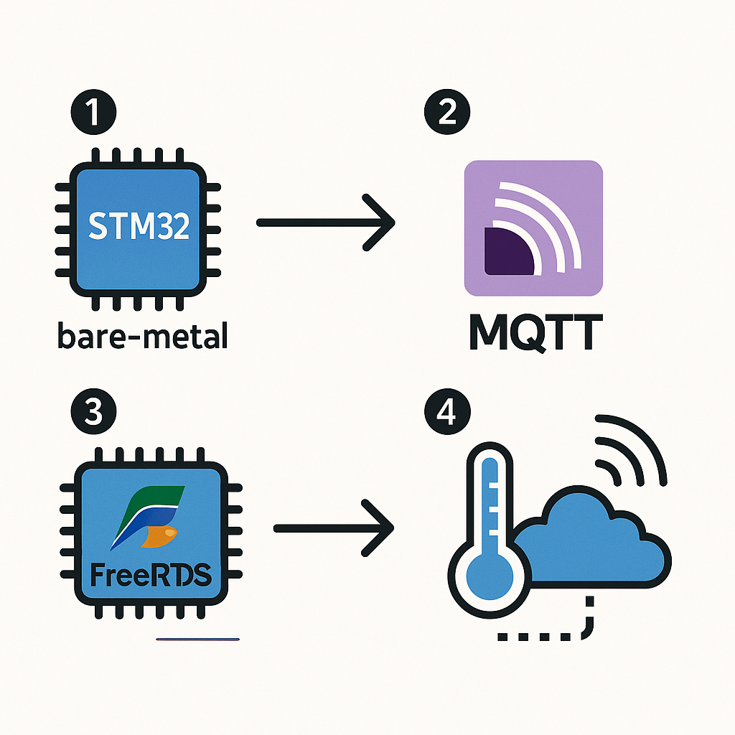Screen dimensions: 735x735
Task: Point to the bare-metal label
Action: coord(142,336)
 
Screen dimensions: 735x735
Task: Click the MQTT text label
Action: coord(532,332)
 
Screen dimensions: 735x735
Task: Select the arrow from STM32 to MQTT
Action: coord(327,223)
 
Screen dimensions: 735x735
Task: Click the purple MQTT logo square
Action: coord(533,228)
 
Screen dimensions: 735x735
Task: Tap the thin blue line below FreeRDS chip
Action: coord(197,638)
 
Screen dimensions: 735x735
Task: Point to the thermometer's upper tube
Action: coord(490,495)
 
